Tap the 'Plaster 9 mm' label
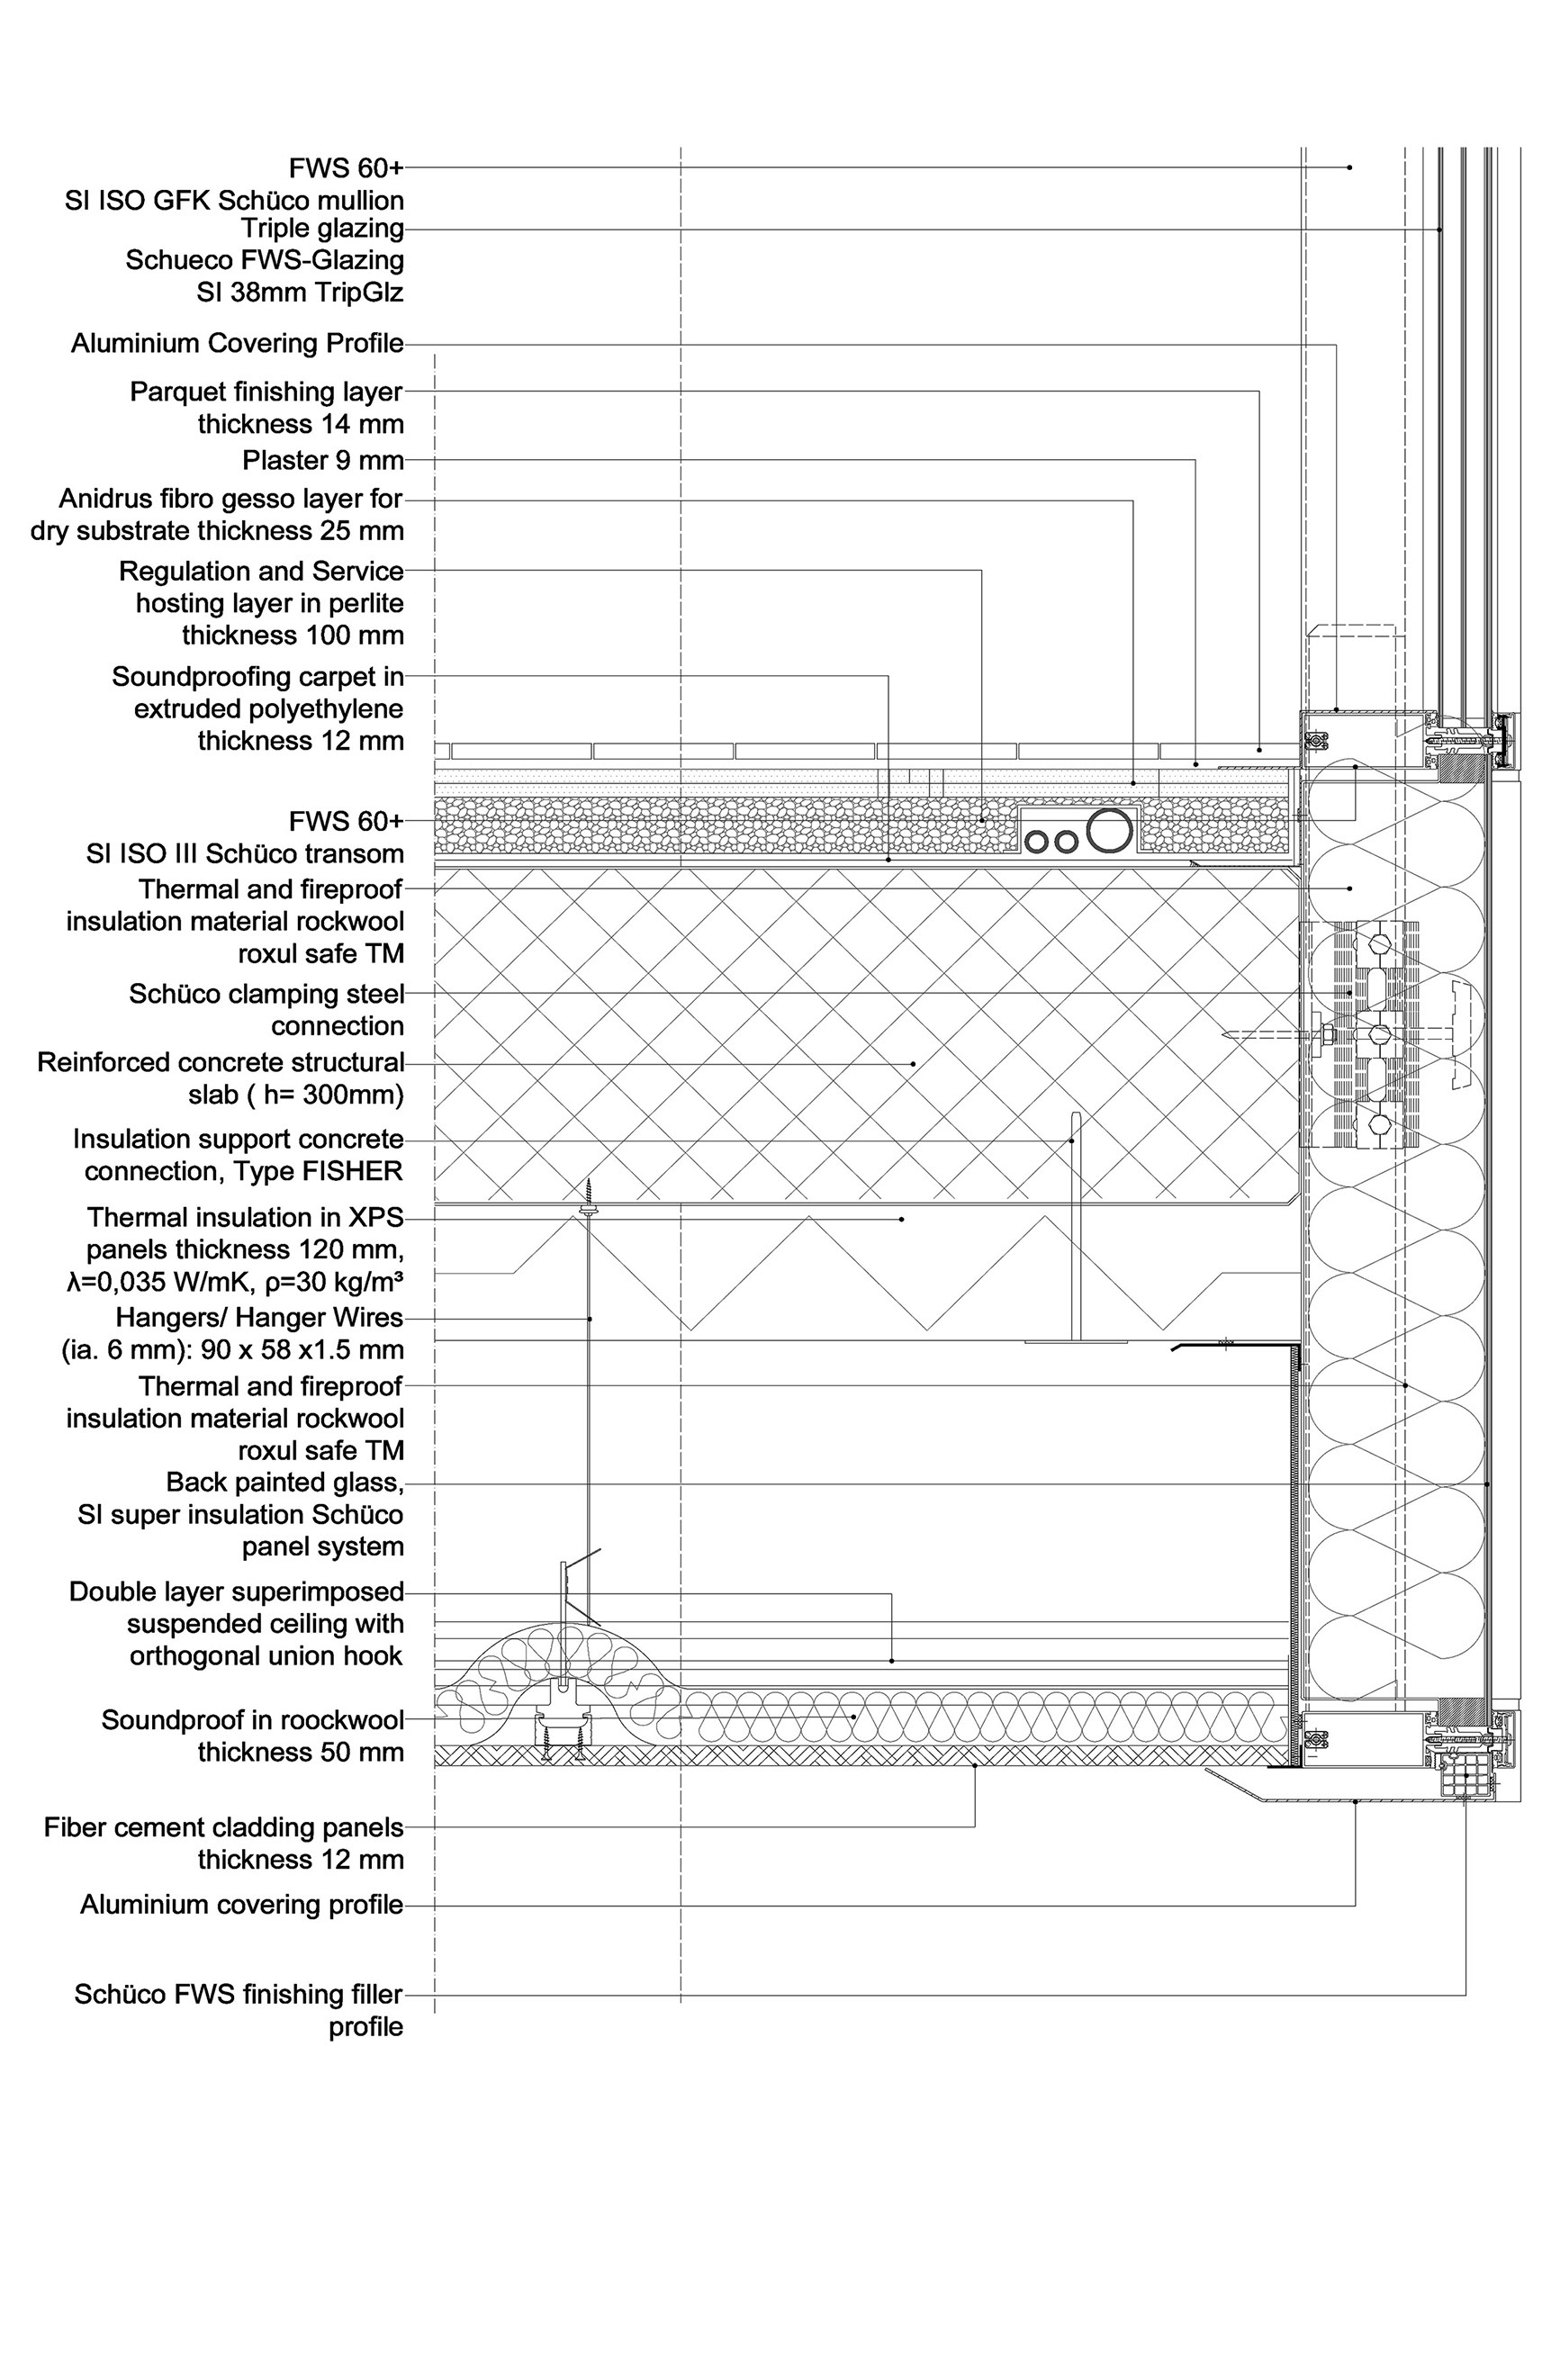tap(322, 461)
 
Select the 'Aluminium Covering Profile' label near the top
tap(237, 343)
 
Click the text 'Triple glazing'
tap(322, 229)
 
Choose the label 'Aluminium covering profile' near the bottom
tap(242, 1905)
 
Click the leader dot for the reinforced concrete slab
tap(914, 1063)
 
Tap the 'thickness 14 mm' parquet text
tap(301, 424)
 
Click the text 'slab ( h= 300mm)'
tap(295, 1094)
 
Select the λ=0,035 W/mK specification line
tap(234, 1281)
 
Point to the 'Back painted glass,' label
tap(284, 1482)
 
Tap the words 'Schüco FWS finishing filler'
tap(239, 1994)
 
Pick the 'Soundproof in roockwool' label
tap(252, 1720)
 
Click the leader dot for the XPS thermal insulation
tap(902, 1218)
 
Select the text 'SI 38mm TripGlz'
tap(300, 293)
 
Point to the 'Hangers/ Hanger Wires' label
tap(259, 1317)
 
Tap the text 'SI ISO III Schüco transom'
tap(245, 853)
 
